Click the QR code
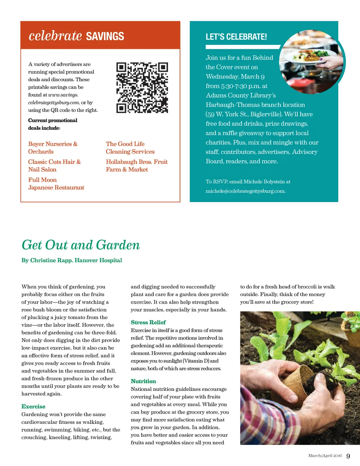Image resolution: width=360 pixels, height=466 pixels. coord(142,88)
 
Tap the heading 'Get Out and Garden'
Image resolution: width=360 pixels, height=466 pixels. coord(81,245)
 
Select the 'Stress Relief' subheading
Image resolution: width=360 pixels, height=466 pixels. coord(148,322)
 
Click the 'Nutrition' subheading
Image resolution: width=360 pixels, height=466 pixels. coord(143,381)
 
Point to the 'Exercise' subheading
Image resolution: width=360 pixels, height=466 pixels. coord(33,407)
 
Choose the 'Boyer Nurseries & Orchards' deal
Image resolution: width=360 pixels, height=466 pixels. coord(53,148)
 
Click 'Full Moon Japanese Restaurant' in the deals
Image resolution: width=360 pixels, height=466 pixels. coord(56,183)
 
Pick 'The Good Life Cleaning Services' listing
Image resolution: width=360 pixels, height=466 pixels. coord(130,148)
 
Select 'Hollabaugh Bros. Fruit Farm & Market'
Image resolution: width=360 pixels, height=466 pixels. coord(136,166)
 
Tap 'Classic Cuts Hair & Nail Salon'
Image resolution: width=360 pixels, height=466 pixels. coord(54,166)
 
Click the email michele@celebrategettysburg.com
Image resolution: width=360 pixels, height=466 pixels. coord(245,191)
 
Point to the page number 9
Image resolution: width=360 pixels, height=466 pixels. coord(348,456)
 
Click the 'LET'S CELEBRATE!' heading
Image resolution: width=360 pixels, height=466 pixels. coord(236,37)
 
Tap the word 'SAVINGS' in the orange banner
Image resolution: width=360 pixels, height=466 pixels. coord(105,36)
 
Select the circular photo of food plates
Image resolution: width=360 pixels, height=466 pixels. coord(311,62)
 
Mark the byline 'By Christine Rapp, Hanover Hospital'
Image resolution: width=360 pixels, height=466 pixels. coord(72,260)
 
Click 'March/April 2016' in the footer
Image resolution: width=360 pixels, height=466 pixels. coord(325,456)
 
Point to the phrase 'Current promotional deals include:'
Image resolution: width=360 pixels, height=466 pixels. coord(53,124)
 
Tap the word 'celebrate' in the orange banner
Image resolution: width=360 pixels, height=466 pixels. coord(55,36)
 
